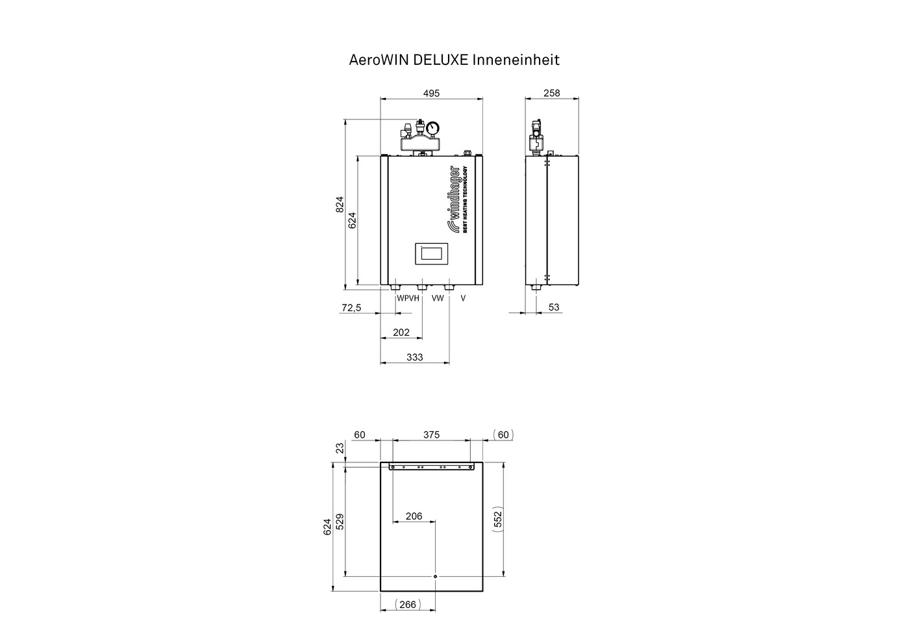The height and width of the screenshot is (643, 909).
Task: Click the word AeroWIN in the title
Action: tap(379, 60)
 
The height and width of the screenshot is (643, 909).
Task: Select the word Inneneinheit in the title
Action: tap(516, 60)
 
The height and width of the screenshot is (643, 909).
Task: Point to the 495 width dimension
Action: tap(431, 94)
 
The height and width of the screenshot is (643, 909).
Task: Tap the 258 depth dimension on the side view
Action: tap(551, 93)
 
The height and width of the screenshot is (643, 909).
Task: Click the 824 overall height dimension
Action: tap(340, 205)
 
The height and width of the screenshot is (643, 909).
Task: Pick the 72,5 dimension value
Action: tap(351, 308)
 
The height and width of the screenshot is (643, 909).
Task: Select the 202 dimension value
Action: tap(401, 333)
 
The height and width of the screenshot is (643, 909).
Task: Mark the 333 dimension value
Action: tap(415, 357)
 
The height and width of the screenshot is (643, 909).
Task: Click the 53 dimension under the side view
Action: tap(553, 307)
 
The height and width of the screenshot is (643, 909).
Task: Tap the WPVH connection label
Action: tap(408, 298)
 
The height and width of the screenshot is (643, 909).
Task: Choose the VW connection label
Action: tap(438, 298)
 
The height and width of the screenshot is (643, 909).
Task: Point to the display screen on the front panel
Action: tap(431, 254)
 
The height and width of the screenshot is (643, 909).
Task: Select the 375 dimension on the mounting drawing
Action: tap(431, 435)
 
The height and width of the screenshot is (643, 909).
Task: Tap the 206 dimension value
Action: tap(414, 516)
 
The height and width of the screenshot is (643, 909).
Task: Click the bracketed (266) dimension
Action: tap(408, 605)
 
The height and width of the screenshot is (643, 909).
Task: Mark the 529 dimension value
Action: tap(340, 522)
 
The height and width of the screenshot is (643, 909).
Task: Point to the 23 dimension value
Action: tap(340, 448)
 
